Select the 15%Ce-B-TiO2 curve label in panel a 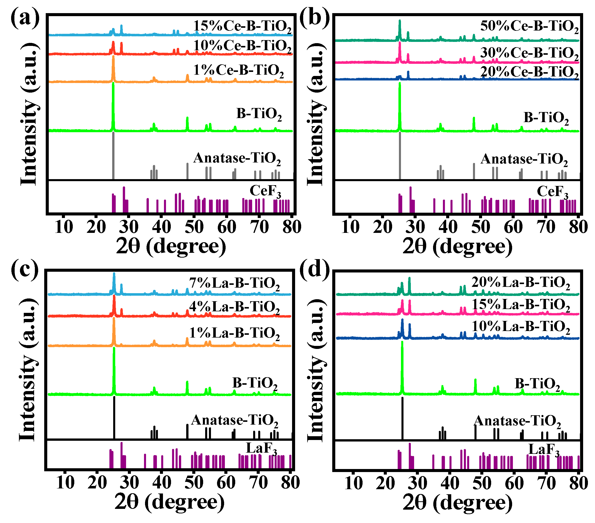242,27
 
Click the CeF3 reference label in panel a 265,191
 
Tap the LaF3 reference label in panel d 544,450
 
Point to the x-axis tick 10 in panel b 350,227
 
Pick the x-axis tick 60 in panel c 226,483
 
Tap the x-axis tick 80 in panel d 578,483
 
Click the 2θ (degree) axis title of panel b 457,246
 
